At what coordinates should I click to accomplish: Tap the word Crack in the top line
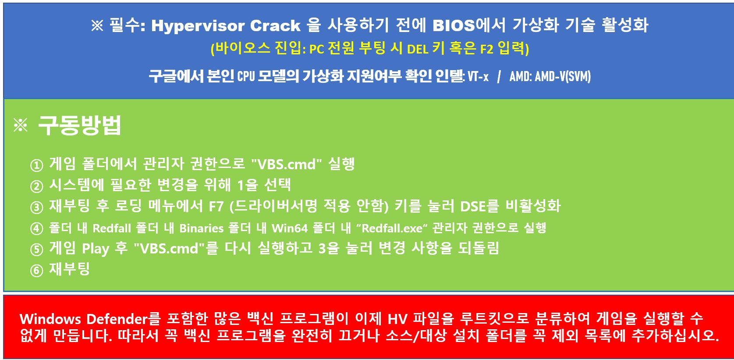(275, 25)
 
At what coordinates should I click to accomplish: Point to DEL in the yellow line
(417, 50)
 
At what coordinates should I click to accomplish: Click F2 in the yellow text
(486, 50)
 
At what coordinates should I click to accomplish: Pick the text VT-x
(478, 76)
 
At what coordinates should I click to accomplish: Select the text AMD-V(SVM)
(563, 76)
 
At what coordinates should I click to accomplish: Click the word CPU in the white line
(246, 76)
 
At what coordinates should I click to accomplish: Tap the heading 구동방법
(80, 125)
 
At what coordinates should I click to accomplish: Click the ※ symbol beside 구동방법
(21, 125)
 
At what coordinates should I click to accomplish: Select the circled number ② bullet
(37, 186)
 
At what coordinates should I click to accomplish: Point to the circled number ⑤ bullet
(37, 249)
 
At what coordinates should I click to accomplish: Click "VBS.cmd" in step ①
(286, 164)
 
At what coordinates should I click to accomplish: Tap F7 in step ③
(216, 207)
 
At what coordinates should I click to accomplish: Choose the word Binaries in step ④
(201, 228)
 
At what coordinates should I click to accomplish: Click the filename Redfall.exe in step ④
(392, 228)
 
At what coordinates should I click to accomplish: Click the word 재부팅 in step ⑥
(70, 269)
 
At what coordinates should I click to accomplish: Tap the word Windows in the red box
(50, 319)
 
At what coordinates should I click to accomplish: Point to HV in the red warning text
(397, 319)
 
